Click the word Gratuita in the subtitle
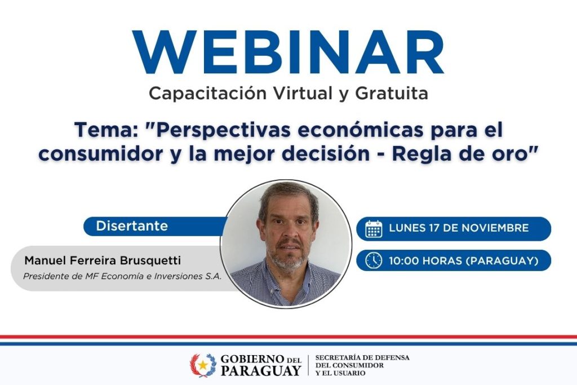coord(392,93)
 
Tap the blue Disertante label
coord(132,226)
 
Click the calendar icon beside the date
coord(374,228)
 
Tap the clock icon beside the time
coord(374,260)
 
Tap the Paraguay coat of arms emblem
coord(202,365)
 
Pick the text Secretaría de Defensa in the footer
coord(362,357)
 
